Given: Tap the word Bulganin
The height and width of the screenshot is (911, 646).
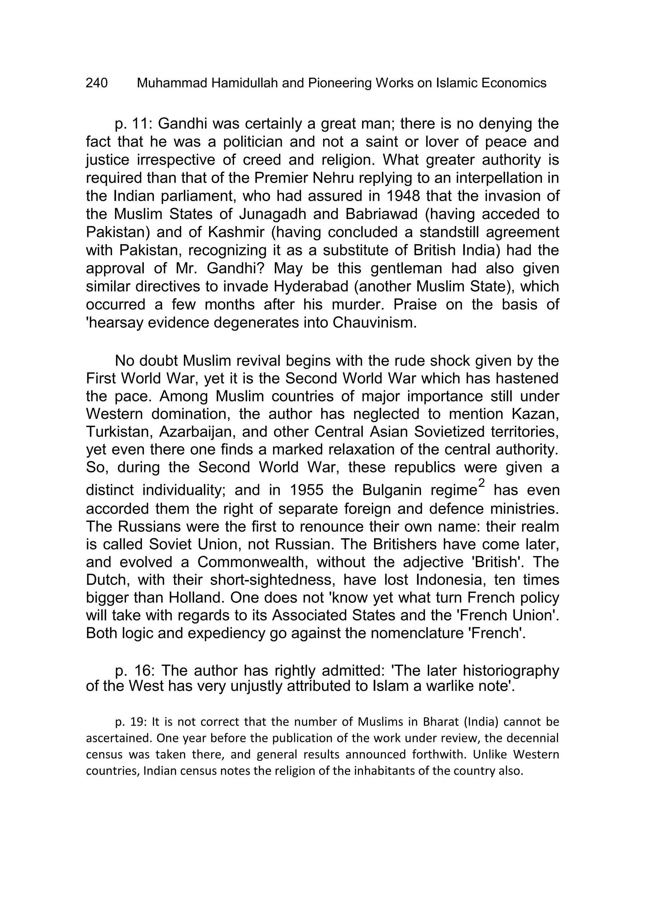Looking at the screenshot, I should click(x=393, y=490).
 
